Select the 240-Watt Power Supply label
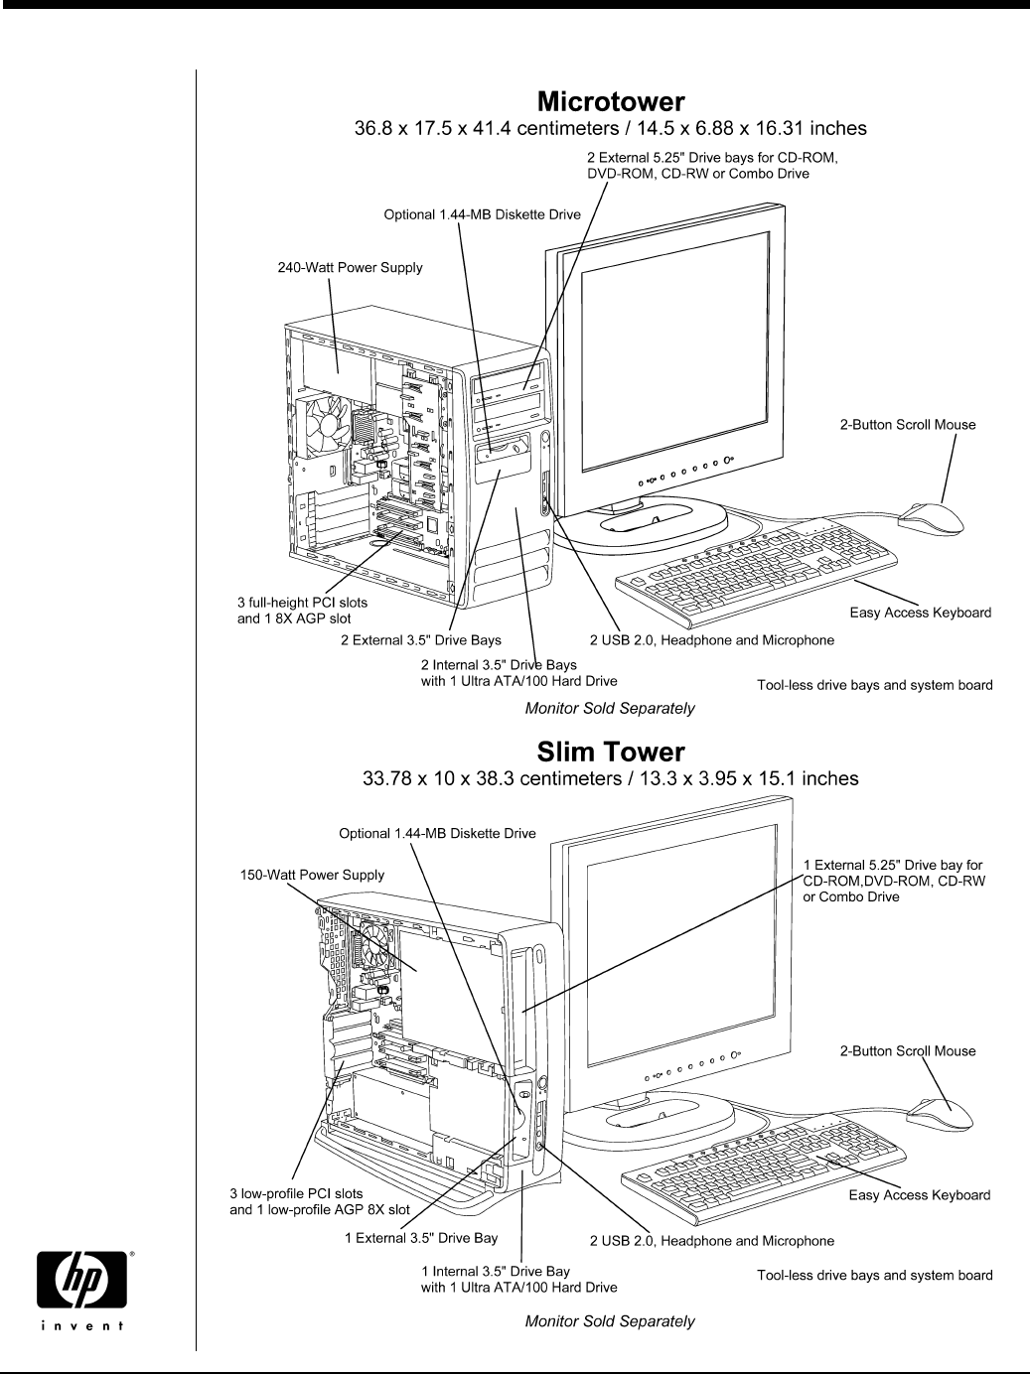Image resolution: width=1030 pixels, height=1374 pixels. point(349,267)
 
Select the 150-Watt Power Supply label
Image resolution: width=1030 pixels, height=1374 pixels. point(312,876)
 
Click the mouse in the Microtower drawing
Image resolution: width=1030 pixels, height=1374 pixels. point(931,516)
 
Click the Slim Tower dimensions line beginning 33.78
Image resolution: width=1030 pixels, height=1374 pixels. point(609,778)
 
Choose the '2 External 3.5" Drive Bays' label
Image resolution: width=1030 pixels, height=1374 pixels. point(420,640)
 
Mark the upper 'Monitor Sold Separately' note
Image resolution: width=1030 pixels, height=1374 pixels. point(609,709)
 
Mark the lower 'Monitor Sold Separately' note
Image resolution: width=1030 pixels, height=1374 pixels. point(609,1321)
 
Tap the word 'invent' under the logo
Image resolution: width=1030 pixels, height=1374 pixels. point(83,1324)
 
